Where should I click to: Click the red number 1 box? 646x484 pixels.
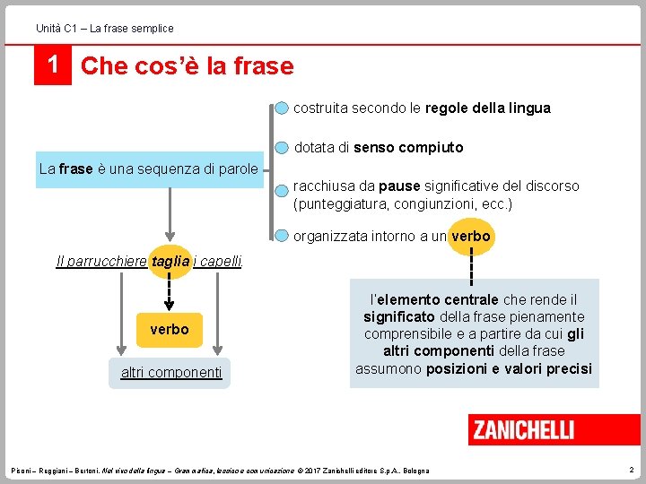coord(52,66)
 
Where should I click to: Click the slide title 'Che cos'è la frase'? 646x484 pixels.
coord(187,66)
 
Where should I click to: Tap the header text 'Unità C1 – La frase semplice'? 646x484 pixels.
coord(105,29)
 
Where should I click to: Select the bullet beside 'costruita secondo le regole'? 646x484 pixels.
coord(283,108)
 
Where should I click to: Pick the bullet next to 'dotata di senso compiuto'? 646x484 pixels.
coord(283,147)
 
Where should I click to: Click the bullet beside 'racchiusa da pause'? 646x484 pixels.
coord(283,186)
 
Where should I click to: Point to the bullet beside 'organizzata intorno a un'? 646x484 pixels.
coord(283,237)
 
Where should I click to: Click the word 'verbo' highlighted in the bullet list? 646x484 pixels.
coord(470,237)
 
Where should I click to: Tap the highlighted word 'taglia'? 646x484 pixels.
coord(170,261)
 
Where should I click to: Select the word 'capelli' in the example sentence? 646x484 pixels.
coord(220,261)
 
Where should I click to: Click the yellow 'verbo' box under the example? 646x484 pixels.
coord(170,329)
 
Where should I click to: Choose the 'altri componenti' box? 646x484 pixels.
coord(171,372)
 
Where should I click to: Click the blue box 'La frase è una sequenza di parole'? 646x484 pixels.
coord(149,169)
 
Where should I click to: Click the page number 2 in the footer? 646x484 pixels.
coord(631,470)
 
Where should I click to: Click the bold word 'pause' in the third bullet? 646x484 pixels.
coord(399,186)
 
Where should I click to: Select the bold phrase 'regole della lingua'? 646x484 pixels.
coord(487,108)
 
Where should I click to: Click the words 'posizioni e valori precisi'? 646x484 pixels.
coord(509,368)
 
